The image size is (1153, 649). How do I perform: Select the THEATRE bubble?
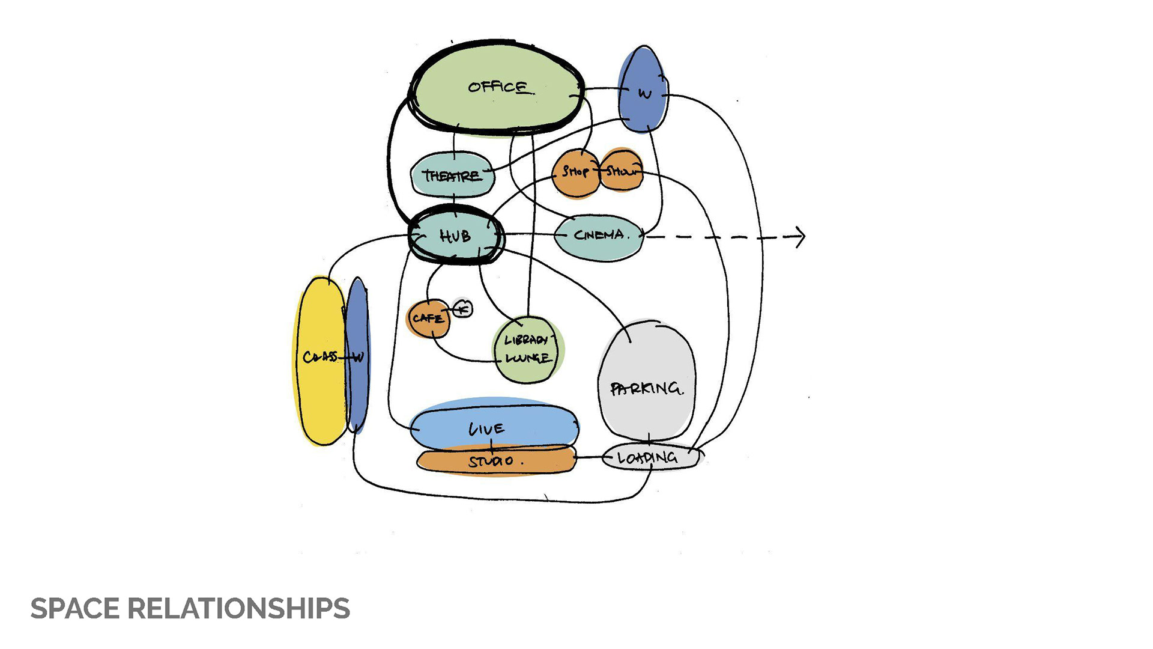tap(452, 175)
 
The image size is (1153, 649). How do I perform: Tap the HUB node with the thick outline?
tap(455, 236)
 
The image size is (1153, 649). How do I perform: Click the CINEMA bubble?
tap(599, 236)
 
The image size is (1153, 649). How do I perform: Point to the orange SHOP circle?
tap(575, 172)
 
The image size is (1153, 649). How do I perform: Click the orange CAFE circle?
tap(428, 318)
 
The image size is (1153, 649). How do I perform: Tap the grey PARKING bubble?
tap(647, 385)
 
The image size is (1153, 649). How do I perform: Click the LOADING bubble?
tap(649, 459)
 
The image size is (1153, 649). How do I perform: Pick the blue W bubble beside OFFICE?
tap(643, 90)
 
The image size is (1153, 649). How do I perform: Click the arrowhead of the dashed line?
tap(800, 237)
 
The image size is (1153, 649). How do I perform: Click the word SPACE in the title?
tap(75, 609)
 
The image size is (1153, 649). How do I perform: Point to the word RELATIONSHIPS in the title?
tap(238, 609)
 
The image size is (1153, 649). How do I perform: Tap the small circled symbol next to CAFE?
tap(462, 309)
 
